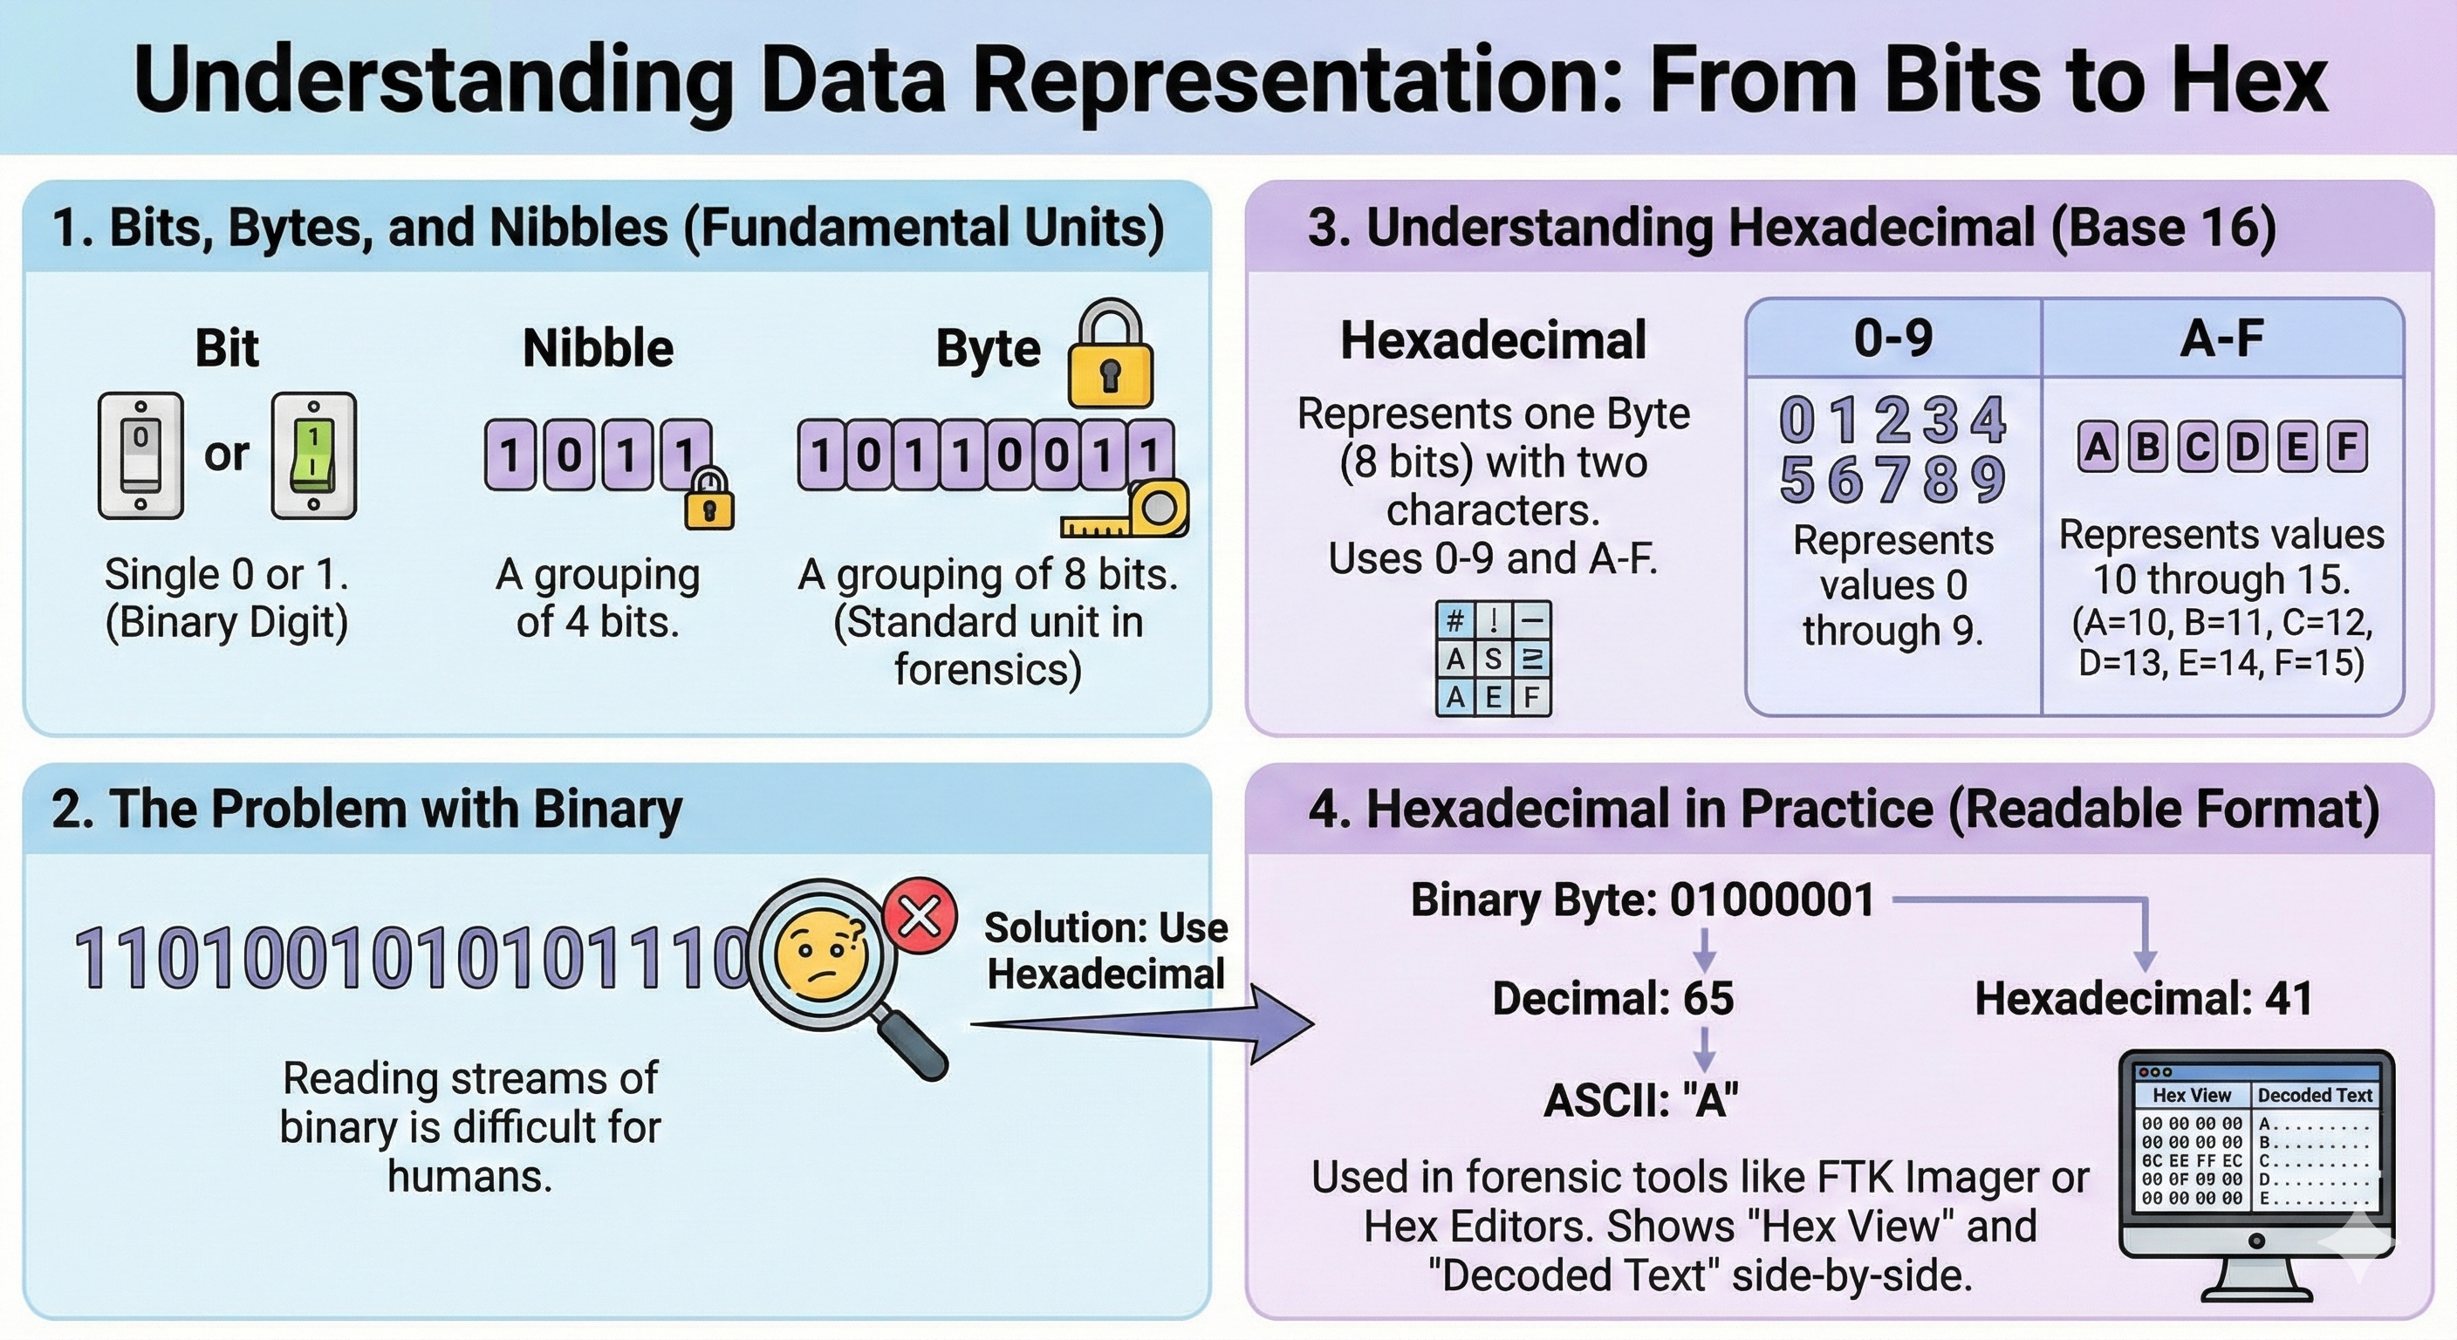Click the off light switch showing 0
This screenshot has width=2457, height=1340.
click(x=140, y=455)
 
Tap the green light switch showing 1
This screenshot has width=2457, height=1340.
click(x=314, y=455)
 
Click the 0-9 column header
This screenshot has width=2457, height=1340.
click(x=1893, y=338)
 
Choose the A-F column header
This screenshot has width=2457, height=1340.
click(x=2221, y=338)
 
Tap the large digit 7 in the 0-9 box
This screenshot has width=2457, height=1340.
click(x=1893, y=479)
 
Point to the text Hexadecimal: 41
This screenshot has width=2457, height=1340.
click(x=2144, y=999)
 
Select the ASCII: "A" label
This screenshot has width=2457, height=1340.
click(x=1640, y=1101)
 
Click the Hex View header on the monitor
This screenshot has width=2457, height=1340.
click(x=2192, y=1095)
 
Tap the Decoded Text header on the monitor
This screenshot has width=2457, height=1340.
click(x=2314, y=1095)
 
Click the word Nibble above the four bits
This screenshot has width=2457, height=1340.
click(x=598, y=348)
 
